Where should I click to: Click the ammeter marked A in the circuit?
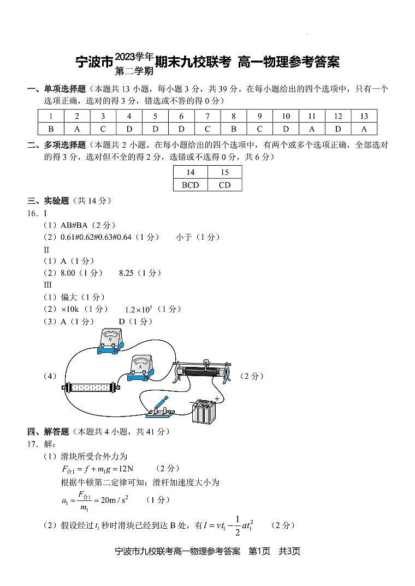141,368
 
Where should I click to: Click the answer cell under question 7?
207,129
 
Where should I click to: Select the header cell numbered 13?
364,116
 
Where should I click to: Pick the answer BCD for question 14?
190,185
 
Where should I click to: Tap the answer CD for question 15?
224,185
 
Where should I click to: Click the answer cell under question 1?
51,129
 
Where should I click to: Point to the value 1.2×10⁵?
139,310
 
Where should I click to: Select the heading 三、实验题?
49,201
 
